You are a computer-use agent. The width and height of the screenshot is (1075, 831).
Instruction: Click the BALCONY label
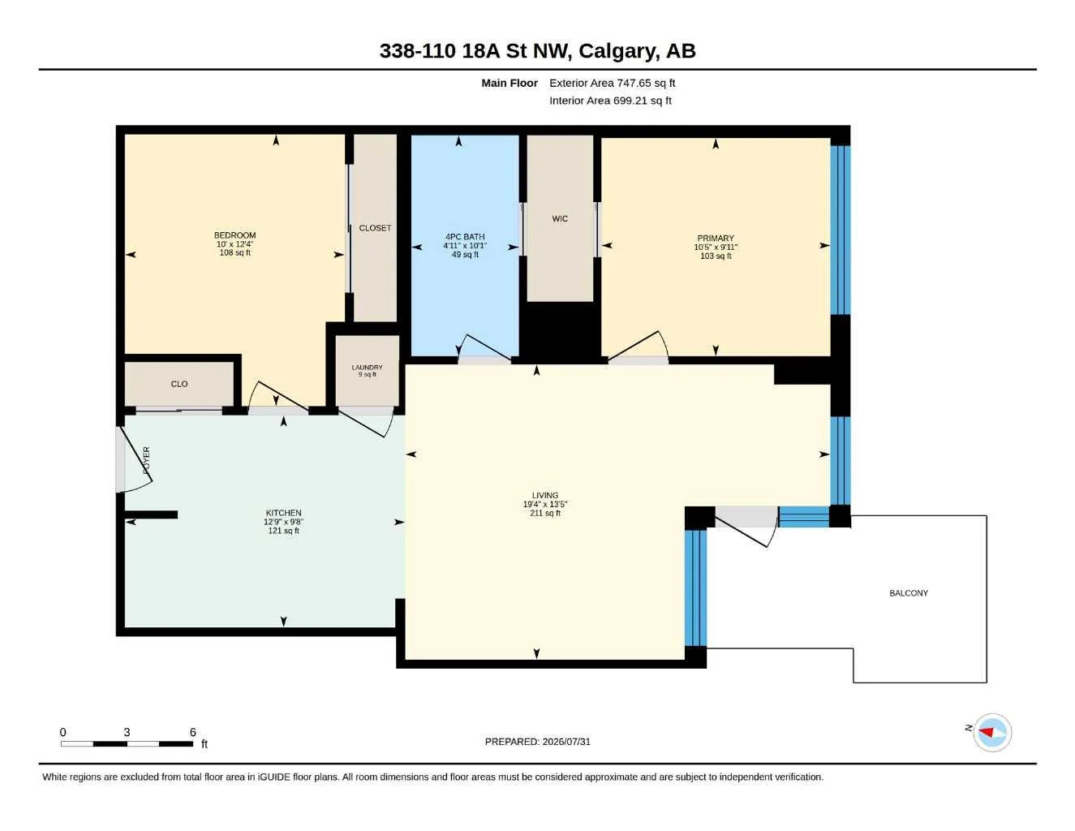click(909, 592)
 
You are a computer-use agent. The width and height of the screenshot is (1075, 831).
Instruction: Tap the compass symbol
click(992, 733)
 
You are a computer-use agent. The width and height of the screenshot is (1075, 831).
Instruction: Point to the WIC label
click(560, 218)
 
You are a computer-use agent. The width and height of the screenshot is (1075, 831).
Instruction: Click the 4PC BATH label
click(465, 237)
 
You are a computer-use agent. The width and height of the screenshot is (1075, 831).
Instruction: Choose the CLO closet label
click(179, 384)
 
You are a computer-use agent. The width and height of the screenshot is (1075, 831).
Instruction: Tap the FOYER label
click(146, 460)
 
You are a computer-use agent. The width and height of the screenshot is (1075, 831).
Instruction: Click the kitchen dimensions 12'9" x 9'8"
click(283, 522)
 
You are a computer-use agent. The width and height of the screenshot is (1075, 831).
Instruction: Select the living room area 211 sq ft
click(545, 513)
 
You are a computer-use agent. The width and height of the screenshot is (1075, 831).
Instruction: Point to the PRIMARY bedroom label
click(716, 238)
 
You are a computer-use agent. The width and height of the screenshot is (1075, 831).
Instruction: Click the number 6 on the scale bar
click(193, 732)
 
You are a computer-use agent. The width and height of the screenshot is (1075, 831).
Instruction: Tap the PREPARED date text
click(538, 742)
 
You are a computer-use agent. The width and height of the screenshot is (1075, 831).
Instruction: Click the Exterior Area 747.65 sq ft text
click(612, 83)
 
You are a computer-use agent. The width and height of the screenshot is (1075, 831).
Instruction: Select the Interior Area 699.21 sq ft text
click(610, 101)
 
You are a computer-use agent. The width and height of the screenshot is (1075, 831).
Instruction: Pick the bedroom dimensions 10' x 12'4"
click(235, 244)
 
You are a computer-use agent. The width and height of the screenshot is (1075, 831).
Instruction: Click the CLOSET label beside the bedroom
click(375, 228)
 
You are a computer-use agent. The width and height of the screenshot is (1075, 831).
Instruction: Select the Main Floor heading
click(510, 83)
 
